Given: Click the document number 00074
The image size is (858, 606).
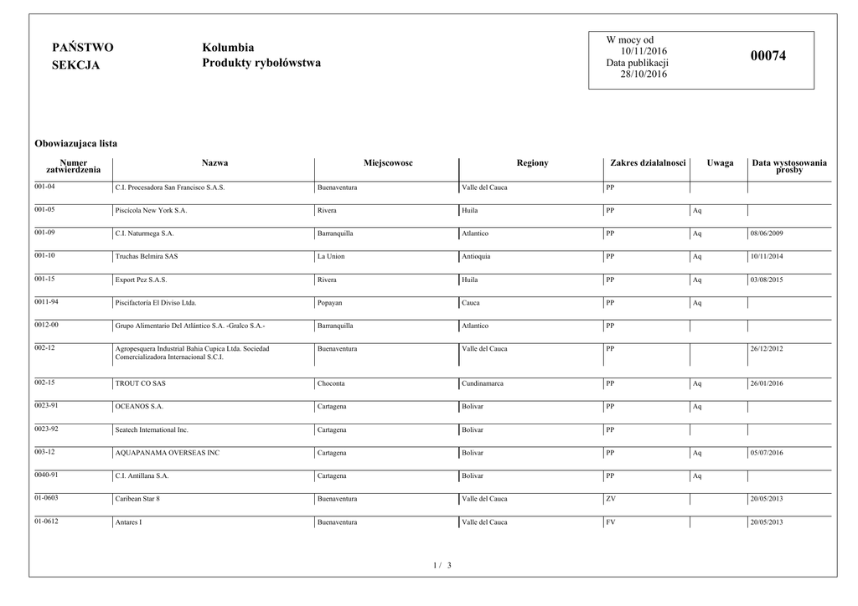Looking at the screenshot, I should tap(768, 56).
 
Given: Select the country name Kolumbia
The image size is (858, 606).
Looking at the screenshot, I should tap(228, 48).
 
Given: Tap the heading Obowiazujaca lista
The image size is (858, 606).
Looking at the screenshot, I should tap(75, 144).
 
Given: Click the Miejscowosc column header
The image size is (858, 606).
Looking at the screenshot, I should tap(388, 162).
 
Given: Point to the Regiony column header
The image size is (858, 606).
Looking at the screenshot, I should tap(532, 162).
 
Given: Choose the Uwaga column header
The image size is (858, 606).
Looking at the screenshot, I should tap(720, 162).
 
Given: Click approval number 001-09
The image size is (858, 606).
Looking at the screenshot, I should tap(45, 232).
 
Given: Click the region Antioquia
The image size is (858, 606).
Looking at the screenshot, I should tap(476, 256).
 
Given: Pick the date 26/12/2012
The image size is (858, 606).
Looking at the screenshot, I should tap(767, 349).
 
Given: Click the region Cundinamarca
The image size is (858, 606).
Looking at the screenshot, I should tap(483, 383).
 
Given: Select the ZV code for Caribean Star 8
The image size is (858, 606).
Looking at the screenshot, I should tap(611, 499).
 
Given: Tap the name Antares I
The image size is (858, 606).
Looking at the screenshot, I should tap(128, 522).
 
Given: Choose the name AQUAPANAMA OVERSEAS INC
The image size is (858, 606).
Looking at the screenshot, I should tap(167, 453).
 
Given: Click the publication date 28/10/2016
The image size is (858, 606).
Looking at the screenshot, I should tap(643, 74).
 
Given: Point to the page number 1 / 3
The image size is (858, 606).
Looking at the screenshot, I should tap(442, 566).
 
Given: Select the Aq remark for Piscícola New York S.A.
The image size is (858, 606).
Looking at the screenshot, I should tap(697, 210).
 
